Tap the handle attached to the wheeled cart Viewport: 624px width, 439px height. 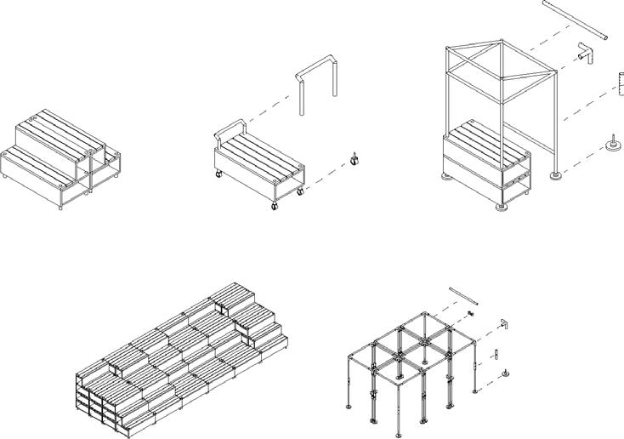tap(230, 128)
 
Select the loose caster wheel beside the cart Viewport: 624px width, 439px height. tap(355, 157)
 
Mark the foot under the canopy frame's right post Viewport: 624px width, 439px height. tap(556, 176)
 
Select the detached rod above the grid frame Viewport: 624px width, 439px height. tap(464, 295)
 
